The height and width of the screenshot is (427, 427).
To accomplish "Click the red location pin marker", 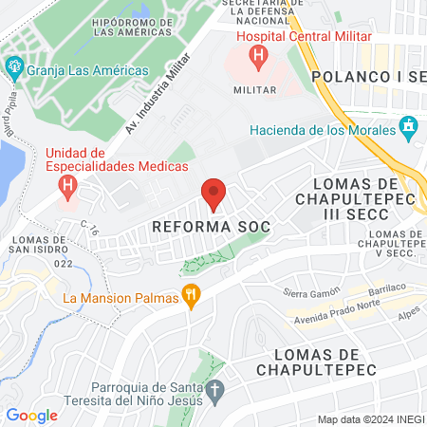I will (213, 195).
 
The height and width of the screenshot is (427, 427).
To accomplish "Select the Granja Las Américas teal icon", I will (12, 69).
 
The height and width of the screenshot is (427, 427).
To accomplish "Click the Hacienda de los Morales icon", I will (409, 125).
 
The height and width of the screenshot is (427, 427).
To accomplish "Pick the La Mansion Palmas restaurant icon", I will (192, 297).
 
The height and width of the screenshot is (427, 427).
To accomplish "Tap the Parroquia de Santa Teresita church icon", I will (215, 389).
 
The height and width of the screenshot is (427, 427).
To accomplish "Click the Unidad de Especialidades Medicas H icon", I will (66, 184).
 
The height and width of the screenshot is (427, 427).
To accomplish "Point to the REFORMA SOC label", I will (212, 228).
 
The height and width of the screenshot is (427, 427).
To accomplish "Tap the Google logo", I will (31, 415).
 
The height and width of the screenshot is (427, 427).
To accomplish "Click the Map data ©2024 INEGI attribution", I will (369, 419).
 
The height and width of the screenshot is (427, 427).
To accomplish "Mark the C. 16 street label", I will (91, 227).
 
